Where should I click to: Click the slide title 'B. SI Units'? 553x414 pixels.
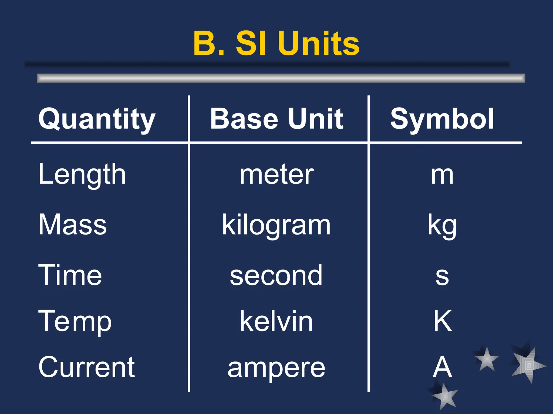[x=276, y=43]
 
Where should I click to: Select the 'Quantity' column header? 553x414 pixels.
[x=97, y=119]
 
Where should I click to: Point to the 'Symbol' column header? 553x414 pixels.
[x=442, y=119]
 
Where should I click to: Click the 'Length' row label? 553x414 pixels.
[x=82, y=175]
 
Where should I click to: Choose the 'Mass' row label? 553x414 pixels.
[x=73, y=225]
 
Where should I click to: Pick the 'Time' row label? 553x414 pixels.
[x=70, y=275]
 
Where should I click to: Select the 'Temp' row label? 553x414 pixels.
[x=75, y=321]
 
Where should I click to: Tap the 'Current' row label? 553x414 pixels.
[x=86, y=367]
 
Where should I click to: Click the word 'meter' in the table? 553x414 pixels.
[x=277, y=175]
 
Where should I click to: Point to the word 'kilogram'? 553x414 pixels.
[x=276, y=225]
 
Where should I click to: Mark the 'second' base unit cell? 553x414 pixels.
[x=276, y=275]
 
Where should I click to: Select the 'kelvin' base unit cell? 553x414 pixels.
[x=276, y=321]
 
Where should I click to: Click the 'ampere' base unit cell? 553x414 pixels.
[x=276, y=368]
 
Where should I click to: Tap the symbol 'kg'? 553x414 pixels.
[x=442, y=226]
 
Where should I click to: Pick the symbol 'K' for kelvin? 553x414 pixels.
[x=443, y=321]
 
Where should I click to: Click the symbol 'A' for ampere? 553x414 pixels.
[x=442, y=367]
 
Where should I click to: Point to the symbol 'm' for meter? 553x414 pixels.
[x=442, y=175]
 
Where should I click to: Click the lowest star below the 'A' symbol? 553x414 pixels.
[x=444, y=396]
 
